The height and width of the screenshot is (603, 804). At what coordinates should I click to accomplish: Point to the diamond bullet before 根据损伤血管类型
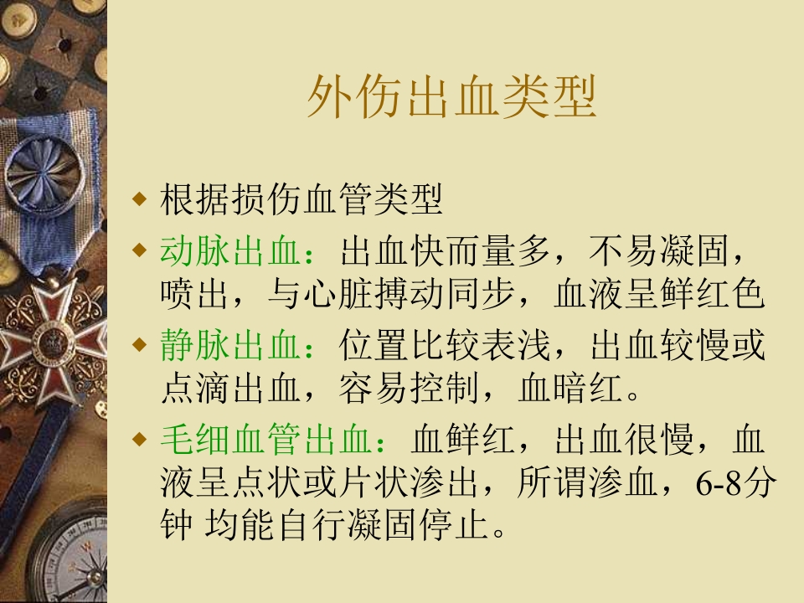click(x=140, y=201)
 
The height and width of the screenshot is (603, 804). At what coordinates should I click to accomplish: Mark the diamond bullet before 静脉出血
click(x=140, y=345)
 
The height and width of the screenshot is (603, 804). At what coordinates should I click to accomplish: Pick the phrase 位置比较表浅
click(x=447, y=346)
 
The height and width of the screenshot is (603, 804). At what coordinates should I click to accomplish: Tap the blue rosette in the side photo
click(x=42, y=172)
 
